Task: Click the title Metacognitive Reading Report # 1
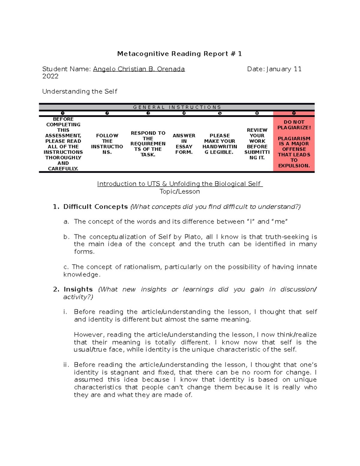coord(179,54)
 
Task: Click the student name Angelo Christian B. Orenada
coord(139,69)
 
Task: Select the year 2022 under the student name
coord(50,76)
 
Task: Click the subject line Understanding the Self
coord(79,92)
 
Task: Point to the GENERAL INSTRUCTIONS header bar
coord(177,107)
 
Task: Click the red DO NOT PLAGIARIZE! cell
coord(294,144)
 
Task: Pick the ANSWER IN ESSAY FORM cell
coord(184,144)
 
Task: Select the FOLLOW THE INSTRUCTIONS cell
coord(107,144)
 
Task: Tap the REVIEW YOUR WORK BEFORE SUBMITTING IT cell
coord(257,144)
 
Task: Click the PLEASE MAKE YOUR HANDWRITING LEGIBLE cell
coord(220,144)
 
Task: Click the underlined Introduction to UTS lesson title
coord(179,184)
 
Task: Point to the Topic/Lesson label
coord(179,191)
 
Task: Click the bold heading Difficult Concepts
coord(95,207)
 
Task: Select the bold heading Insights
coord(78,289)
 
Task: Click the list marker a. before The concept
coord(66,222)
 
